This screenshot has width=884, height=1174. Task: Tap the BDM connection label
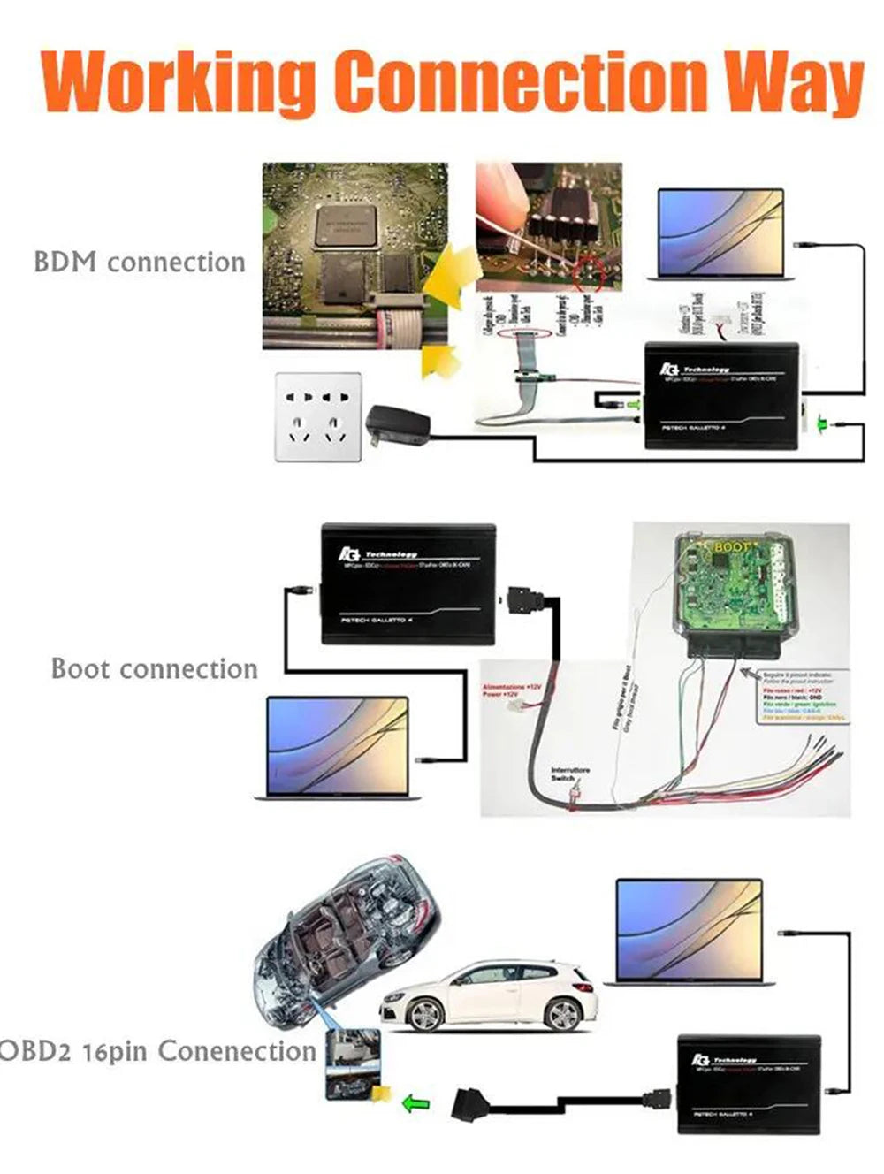point(139,263)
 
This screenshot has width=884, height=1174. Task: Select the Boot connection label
point(154,668)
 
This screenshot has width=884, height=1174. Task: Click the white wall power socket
point(318,416)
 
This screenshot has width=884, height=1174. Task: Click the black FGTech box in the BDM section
point(720,394)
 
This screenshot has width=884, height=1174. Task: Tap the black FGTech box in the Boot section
point(408,583)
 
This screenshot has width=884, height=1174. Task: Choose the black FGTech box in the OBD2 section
point(748,1084)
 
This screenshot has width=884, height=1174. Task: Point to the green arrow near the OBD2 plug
point(415,1103)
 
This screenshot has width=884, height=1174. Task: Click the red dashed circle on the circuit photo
point(588,276)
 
